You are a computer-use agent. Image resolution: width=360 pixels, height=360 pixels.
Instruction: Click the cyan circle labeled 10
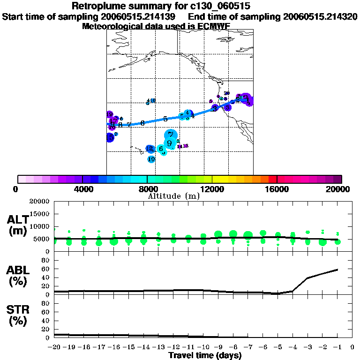coord(151,159)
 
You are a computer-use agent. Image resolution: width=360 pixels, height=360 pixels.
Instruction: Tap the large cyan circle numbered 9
coord(169,143)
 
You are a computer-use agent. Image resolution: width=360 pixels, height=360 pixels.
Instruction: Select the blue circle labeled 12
coord(150,149)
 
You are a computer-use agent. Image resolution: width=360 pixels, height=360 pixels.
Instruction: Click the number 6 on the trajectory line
coord(142,123)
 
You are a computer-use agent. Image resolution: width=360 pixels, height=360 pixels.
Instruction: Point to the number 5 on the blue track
coord(165,119)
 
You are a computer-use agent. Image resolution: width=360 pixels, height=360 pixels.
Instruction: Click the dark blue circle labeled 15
coord(110,137)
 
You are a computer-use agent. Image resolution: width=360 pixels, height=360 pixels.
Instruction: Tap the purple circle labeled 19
coord(109,115)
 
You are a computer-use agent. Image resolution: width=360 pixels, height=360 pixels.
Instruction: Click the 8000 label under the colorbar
coord(148,189)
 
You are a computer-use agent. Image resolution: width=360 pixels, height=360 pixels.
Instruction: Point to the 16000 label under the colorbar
coord(277,189)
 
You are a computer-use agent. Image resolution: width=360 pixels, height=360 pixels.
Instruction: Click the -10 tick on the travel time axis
coord(203,347)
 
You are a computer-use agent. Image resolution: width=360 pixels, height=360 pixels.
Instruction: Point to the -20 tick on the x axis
coord(54,347)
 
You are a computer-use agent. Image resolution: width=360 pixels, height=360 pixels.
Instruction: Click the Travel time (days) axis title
coord(205,355)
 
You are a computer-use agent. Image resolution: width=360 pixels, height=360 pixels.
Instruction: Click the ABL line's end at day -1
coord(337,270)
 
